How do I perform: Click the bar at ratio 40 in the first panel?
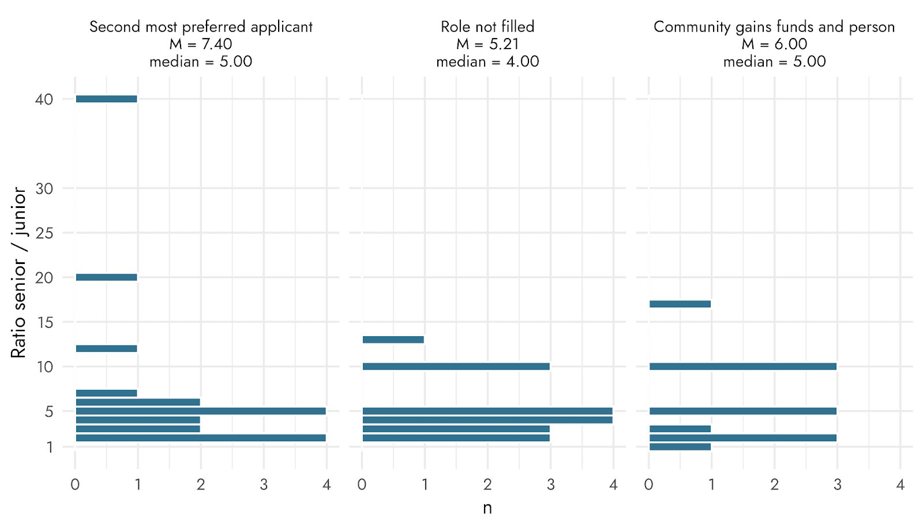(106, 99)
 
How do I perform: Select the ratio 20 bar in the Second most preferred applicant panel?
(106, 277)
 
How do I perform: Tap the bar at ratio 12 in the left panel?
(106, 348)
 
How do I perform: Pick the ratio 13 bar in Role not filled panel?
(393, 340)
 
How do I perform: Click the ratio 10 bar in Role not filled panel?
(456, 366)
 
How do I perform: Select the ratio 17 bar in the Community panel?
(680, 304)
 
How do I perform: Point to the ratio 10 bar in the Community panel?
(743, 366)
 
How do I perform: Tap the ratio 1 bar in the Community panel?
(680, 447)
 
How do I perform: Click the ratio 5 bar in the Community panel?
(743, 411)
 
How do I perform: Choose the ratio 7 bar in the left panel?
(106, 393)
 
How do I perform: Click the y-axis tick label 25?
(44, 233)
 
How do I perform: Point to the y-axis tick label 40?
(44, 99)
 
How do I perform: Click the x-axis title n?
(487, 508)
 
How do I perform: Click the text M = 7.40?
(201, 44)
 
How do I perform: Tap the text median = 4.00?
(487, 61)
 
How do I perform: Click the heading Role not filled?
(487, 27)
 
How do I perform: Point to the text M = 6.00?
(774, 44)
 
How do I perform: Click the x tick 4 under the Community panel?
(901, 484)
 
